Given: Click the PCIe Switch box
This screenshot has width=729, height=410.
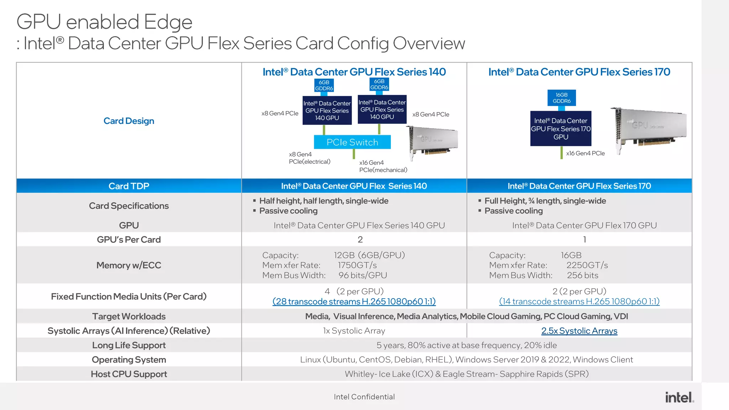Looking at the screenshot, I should click(x=352, y=142).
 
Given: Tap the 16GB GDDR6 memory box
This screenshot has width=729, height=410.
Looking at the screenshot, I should click(x=561, y=98).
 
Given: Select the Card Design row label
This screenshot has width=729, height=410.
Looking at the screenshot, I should click(x=129, y=121).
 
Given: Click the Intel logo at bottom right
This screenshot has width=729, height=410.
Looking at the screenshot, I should click(x=679, y=397).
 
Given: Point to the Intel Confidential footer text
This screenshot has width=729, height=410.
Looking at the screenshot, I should click(x=364, y=397).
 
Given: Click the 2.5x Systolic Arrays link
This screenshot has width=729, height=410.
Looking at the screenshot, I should click(x=579, y=331).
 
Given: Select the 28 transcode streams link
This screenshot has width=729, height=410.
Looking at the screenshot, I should click(x=354, y=301).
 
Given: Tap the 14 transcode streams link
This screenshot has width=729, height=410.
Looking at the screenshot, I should click(x=579, y=301).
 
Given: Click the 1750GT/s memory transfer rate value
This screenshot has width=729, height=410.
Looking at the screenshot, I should click(x=357, y=265).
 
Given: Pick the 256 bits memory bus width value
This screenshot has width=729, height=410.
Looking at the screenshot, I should click(x=582, y=275).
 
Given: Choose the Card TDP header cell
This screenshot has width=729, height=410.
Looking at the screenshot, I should click(x=129, y=186).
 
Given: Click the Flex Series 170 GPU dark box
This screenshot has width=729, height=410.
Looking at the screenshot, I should click(x=561, y=128).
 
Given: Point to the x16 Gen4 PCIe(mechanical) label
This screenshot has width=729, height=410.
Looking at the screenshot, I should click(x=383, y=166).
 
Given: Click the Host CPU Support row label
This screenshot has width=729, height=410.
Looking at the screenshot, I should click(x=129, y=374).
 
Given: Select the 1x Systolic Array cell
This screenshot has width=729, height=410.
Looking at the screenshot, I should click(x=354, y=331).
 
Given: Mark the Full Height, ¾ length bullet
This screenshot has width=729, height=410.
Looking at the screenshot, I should click(x=545, y=201).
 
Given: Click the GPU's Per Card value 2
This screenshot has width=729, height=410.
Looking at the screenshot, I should click(x=360, y=240).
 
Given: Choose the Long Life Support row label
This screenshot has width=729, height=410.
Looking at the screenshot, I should click(x=129, y=345).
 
